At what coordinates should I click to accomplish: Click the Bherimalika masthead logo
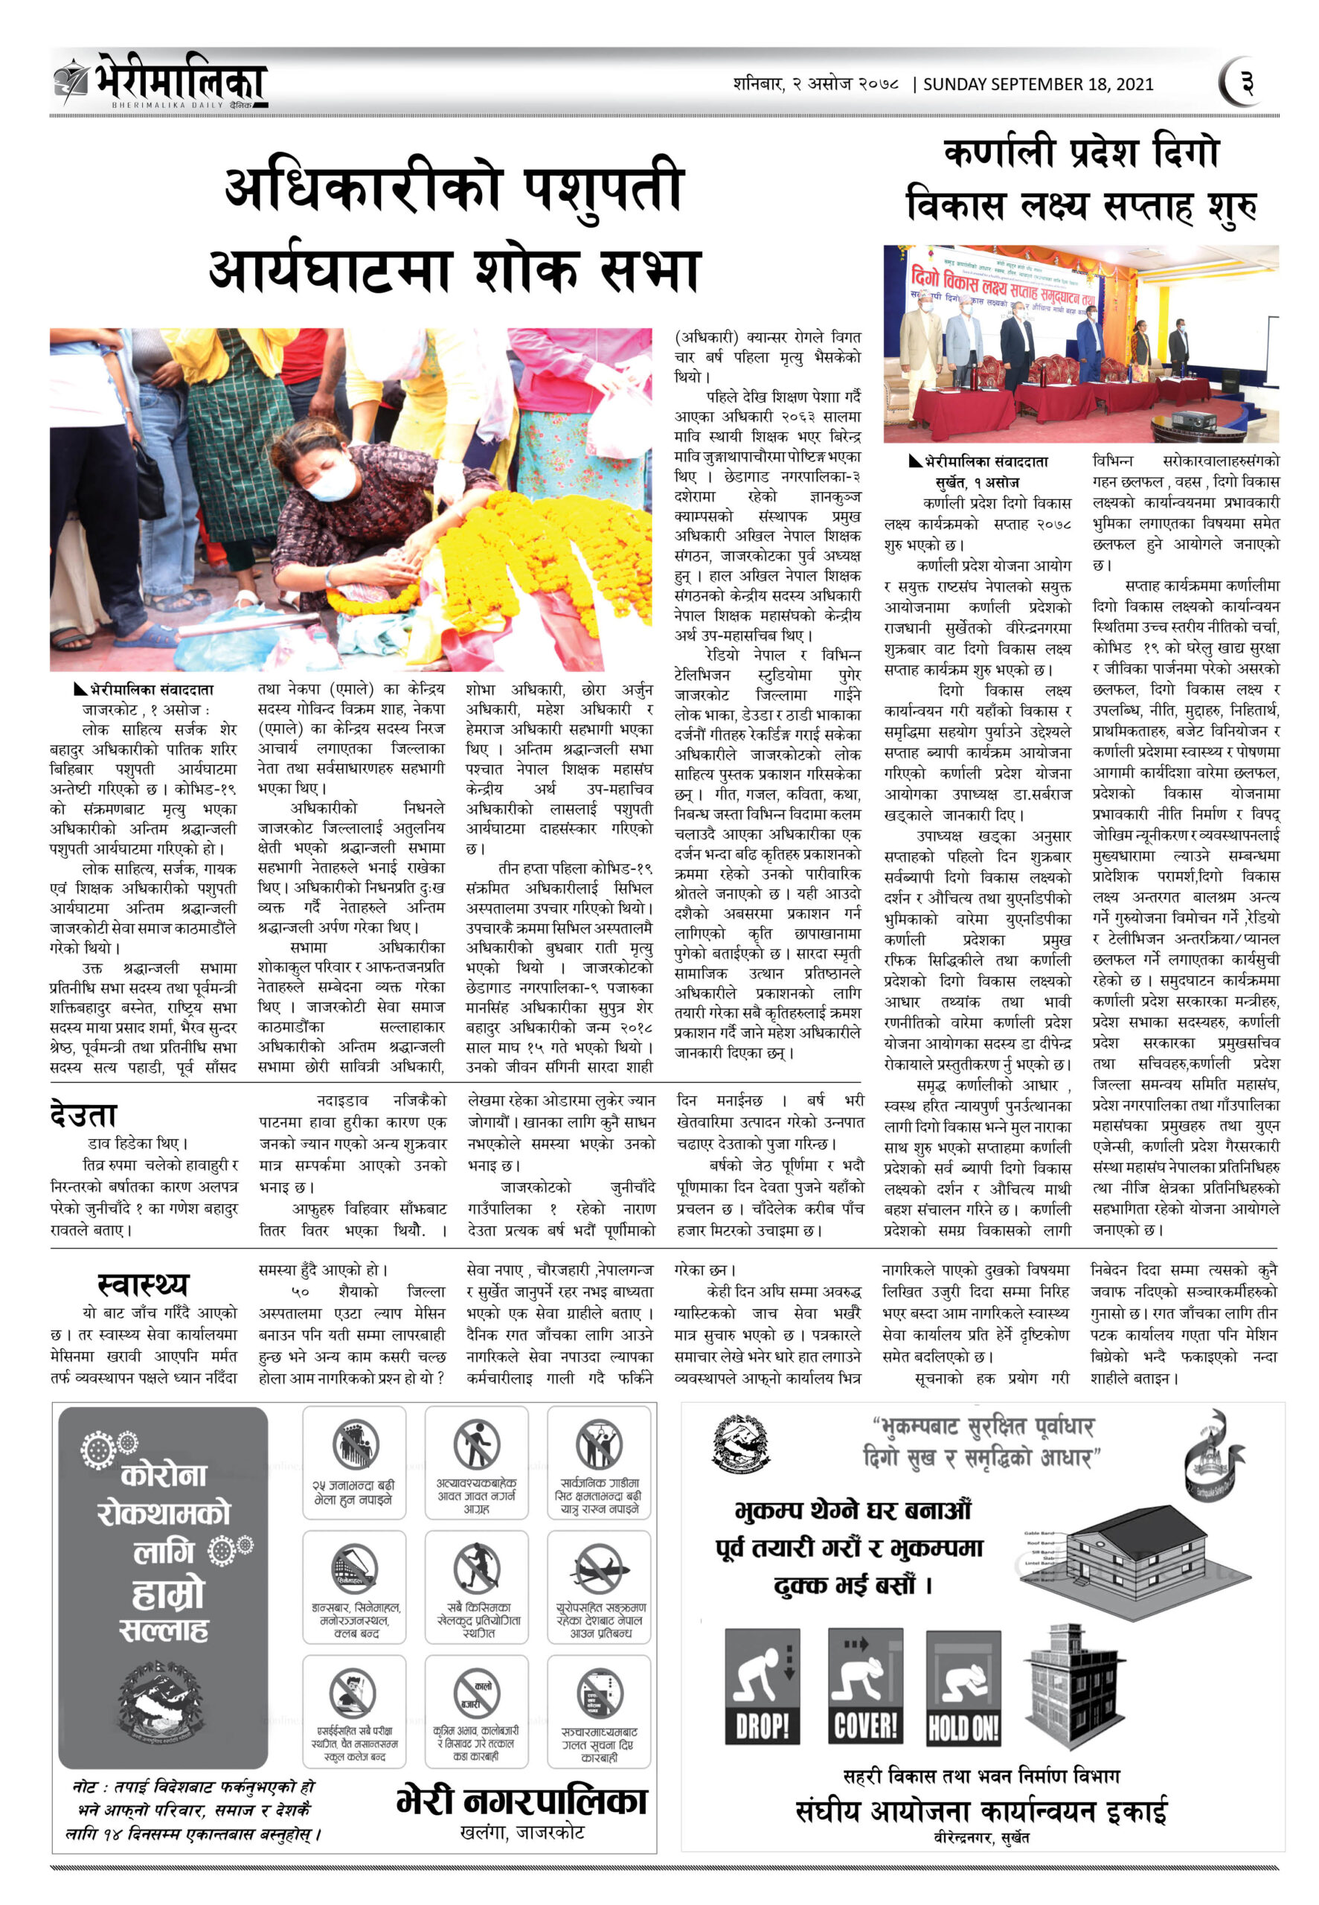tap(161, 81)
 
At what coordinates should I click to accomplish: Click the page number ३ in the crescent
tap(1247, 83)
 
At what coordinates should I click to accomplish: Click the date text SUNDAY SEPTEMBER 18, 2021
tap(1038, 84)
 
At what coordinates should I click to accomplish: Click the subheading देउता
tap(83, 1115)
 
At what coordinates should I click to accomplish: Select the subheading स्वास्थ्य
tap(143, 1284)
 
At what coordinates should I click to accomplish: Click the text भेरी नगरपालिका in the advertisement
tap(521, 1801)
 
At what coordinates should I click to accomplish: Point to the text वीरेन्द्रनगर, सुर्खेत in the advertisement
tap(981, 1837)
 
